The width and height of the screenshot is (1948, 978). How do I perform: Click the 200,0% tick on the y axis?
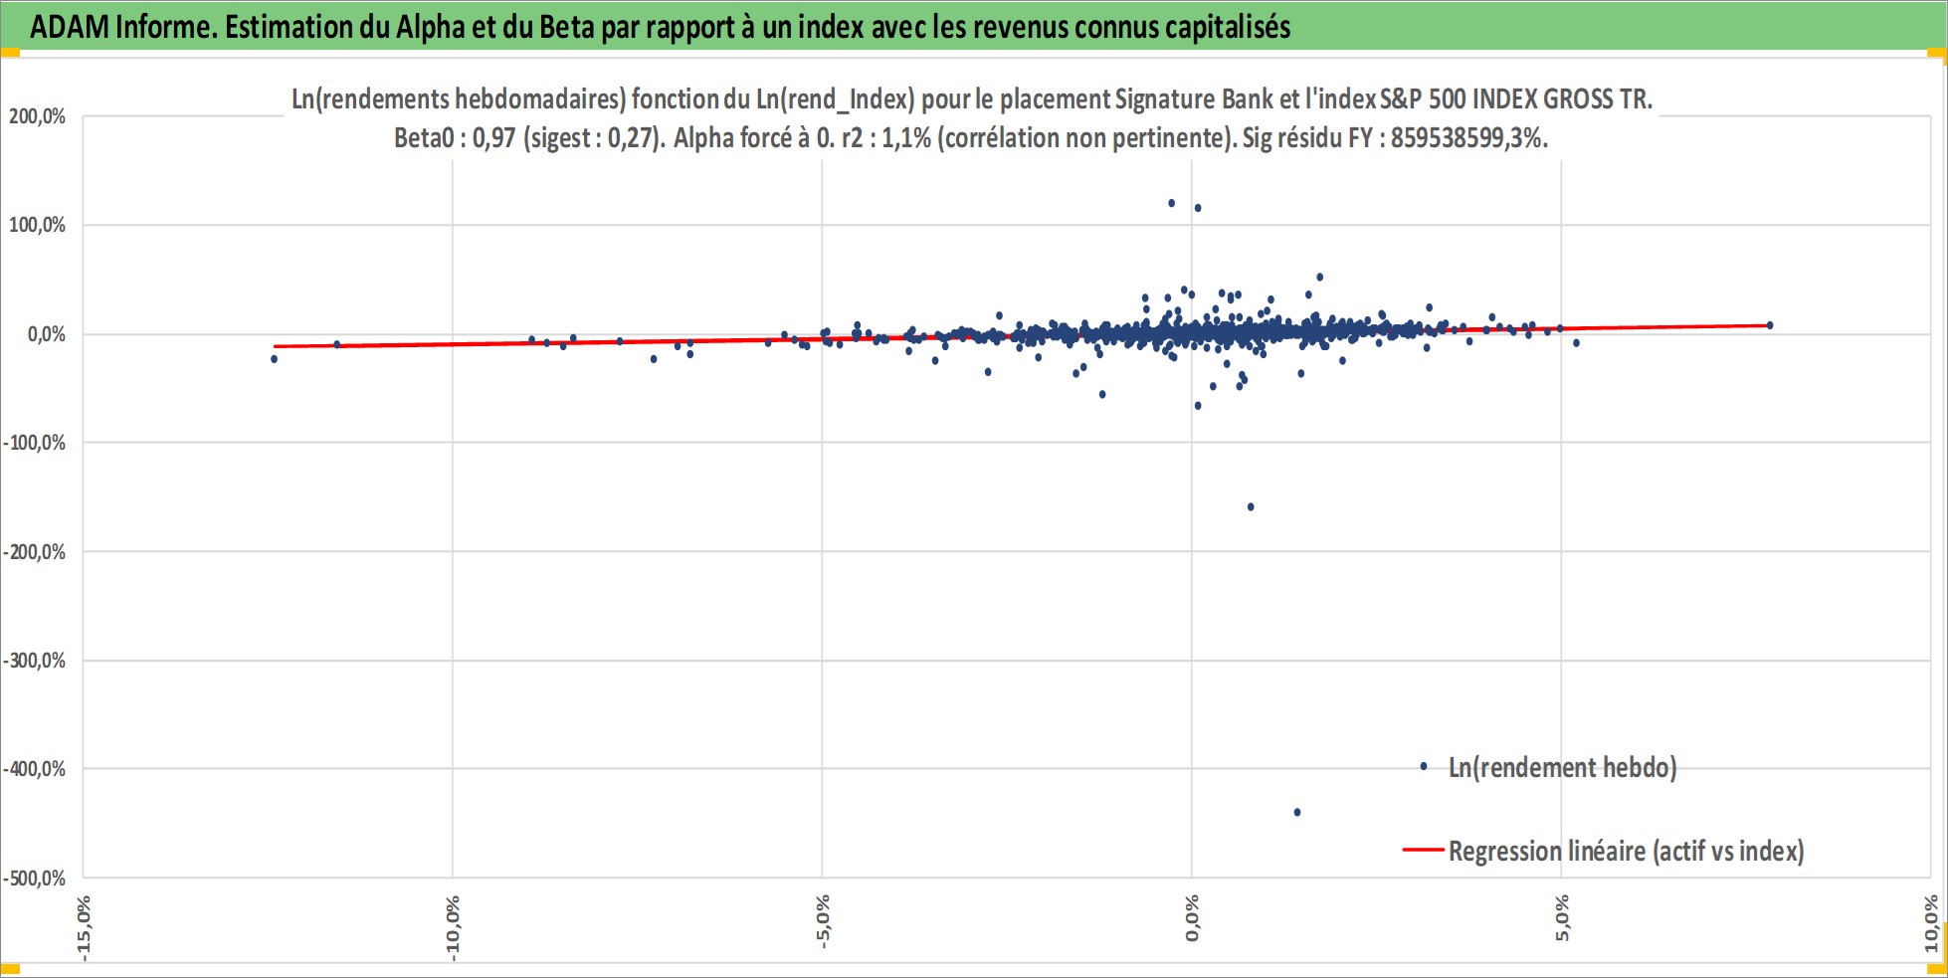[38, 116]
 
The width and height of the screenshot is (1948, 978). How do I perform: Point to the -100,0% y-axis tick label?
[34, 443]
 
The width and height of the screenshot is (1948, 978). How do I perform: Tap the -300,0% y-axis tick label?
[34, 661]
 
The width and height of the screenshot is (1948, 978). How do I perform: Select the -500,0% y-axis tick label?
[34, 879]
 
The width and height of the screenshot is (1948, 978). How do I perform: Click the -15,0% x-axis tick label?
[84, 928]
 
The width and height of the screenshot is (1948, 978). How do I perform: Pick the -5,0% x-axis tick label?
[823, 922]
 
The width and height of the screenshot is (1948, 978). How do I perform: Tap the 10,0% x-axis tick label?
[1931, 923]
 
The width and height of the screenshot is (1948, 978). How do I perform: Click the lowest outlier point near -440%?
[1297, 812]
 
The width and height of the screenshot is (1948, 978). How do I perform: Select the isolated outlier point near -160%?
[1251, 506]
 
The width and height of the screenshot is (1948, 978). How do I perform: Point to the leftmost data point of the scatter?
[275, 358]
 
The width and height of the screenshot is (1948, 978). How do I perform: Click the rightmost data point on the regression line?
[1769, 325]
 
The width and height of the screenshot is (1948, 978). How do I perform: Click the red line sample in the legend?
[1423, 850]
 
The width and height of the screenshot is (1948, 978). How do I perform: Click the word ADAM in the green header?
[70, 27]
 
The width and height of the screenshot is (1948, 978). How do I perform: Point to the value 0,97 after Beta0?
[494, 137]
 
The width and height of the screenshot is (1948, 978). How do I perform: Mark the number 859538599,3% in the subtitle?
[1468, 137]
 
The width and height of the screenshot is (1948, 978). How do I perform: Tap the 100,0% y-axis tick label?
[38, 225]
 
